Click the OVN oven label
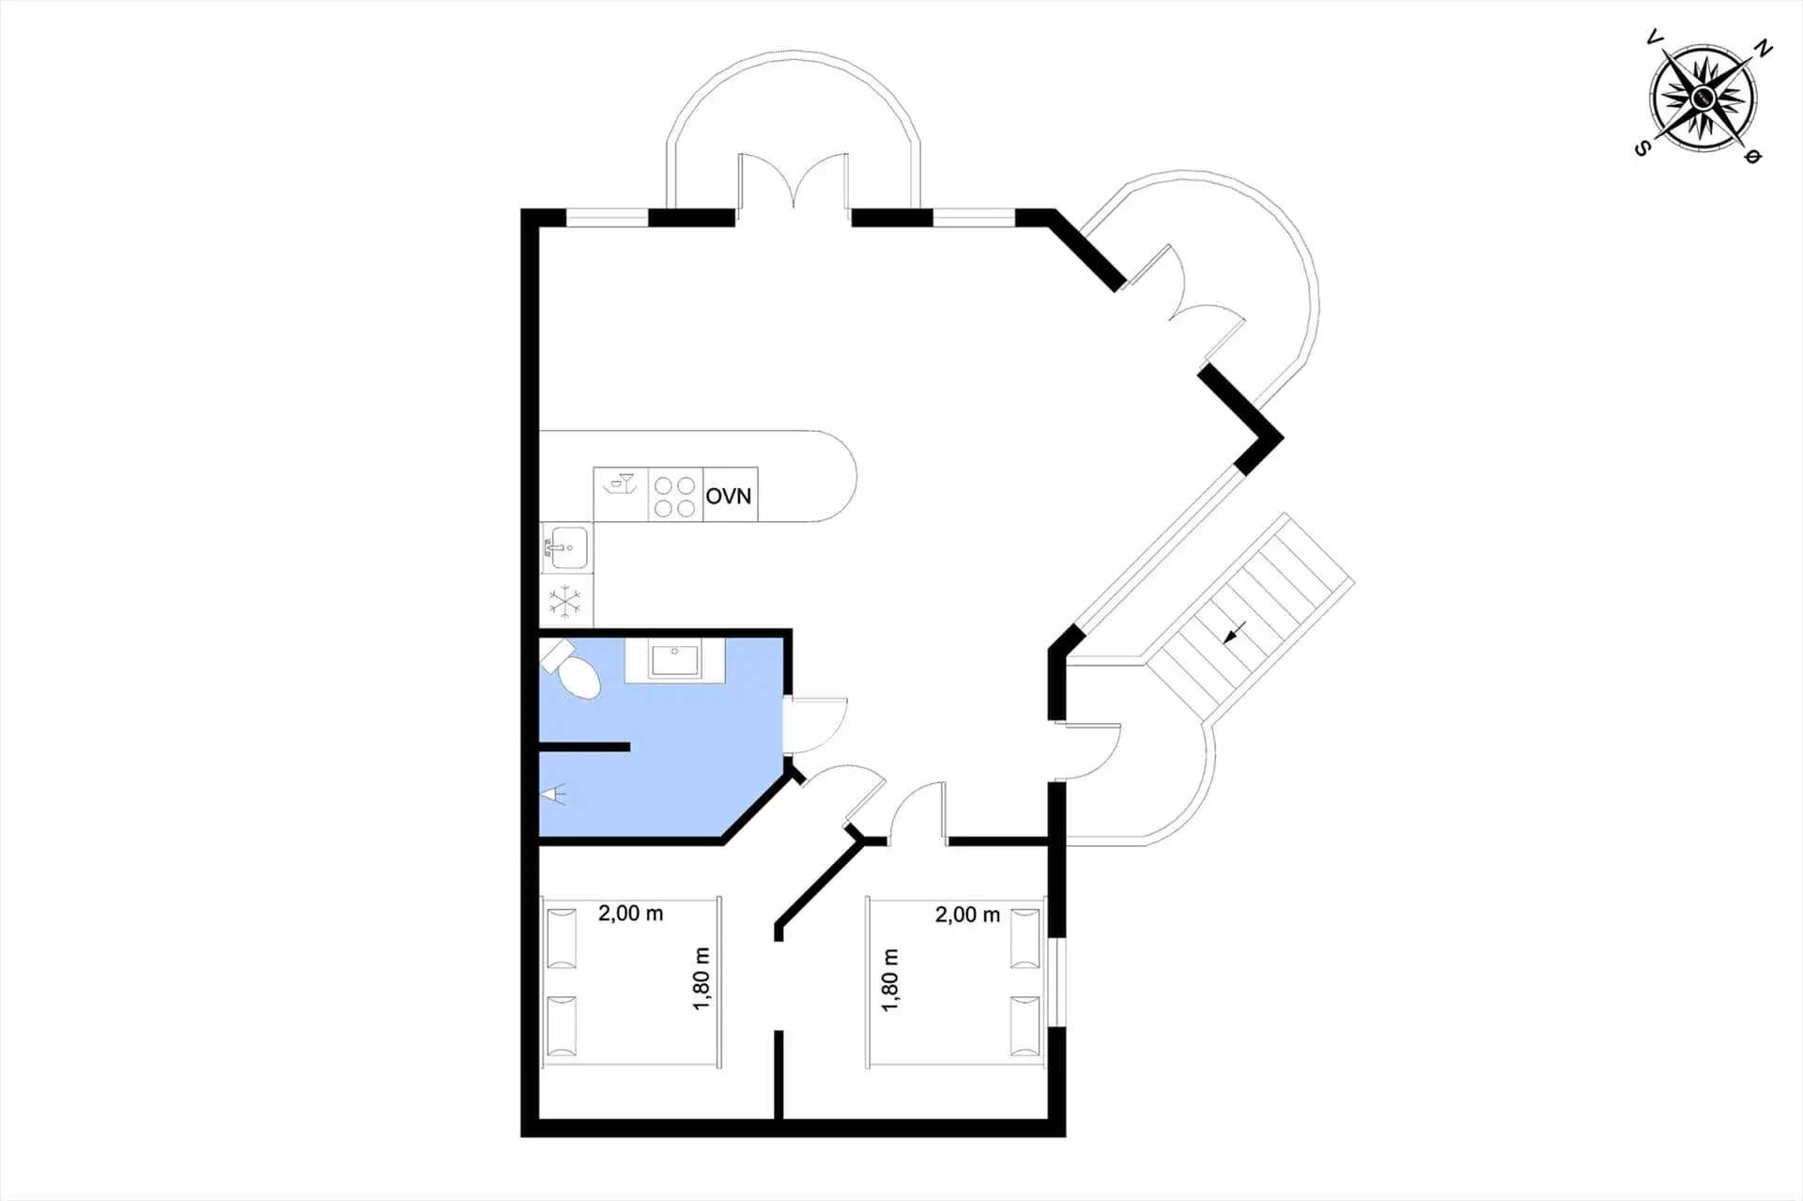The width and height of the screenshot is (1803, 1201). tap(729, 496)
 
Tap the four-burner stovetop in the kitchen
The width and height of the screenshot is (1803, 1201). tap(675, 496)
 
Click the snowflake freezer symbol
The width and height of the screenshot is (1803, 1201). tap(564, 601)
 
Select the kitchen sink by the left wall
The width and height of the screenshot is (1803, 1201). tap(566, 547)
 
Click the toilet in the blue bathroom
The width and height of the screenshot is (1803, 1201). tap(572, 670)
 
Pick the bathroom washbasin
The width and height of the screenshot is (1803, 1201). tap(674, 659)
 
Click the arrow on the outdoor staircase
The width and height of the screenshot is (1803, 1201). tap(1235, 632)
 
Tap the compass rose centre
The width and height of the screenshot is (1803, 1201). tap(1703, 98)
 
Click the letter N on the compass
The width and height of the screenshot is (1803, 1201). tap(1764, 50)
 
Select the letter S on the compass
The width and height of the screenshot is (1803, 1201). tap(1642, 147)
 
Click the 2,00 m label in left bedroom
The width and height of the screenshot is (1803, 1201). tap(631, 913)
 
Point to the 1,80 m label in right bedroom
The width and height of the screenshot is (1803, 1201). tap(890, 980)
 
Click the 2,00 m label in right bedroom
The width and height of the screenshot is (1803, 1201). tap(967, 915)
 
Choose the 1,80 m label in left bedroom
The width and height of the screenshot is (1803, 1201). tap(701, 978)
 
